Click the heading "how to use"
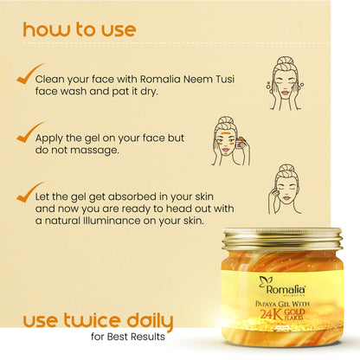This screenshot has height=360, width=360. tap(80, 29)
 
